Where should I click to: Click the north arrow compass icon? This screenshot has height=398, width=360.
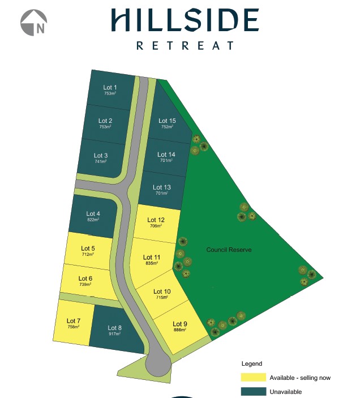[x=33, y=23]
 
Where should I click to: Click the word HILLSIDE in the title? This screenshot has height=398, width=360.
[x=185, y=20]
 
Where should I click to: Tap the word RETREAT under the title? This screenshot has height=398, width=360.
[x=185, y=45]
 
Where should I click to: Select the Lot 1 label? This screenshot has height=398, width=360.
[x=110, y=87]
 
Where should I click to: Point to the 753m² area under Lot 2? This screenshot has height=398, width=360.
[x=105, y=127]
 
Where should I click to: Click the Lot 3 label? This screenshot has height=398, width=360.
[x=101, y=156]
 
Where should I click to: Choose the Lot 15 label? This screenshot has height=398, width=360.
[x=167, y=121]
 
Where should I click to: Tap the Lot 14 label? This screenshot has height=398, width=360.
[x=166, y=155]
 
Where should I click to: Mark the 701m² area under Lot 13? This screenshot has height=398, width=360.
[x=162, y=194]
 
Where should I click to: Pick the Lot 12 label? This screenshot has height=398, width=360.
[x=156, y=220]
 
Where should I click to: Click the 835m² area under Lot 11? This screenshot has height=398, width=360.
[x=152, y=263]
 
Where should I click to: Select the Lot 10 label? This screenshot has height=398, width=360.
[x=162, y=292]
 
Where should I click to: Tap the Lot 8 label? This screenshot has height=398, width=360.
[x=114, y=328]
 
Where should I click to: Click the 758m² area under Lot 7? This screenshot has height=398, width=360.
[x=73, y=327]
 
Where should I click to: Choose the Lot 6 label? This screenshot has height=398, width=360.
[x=85, y=278]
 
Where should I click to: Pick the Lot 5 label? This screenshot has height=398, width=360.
[x=88, y=248]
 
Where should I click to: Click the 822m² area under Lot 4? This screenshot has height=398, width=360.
[x=93, y=220]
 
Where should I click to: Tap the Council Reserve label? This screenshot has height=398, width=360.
[x=229, y=250]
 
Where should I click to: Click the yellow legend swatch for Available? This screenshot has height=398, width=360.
[x=253, y=378]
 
